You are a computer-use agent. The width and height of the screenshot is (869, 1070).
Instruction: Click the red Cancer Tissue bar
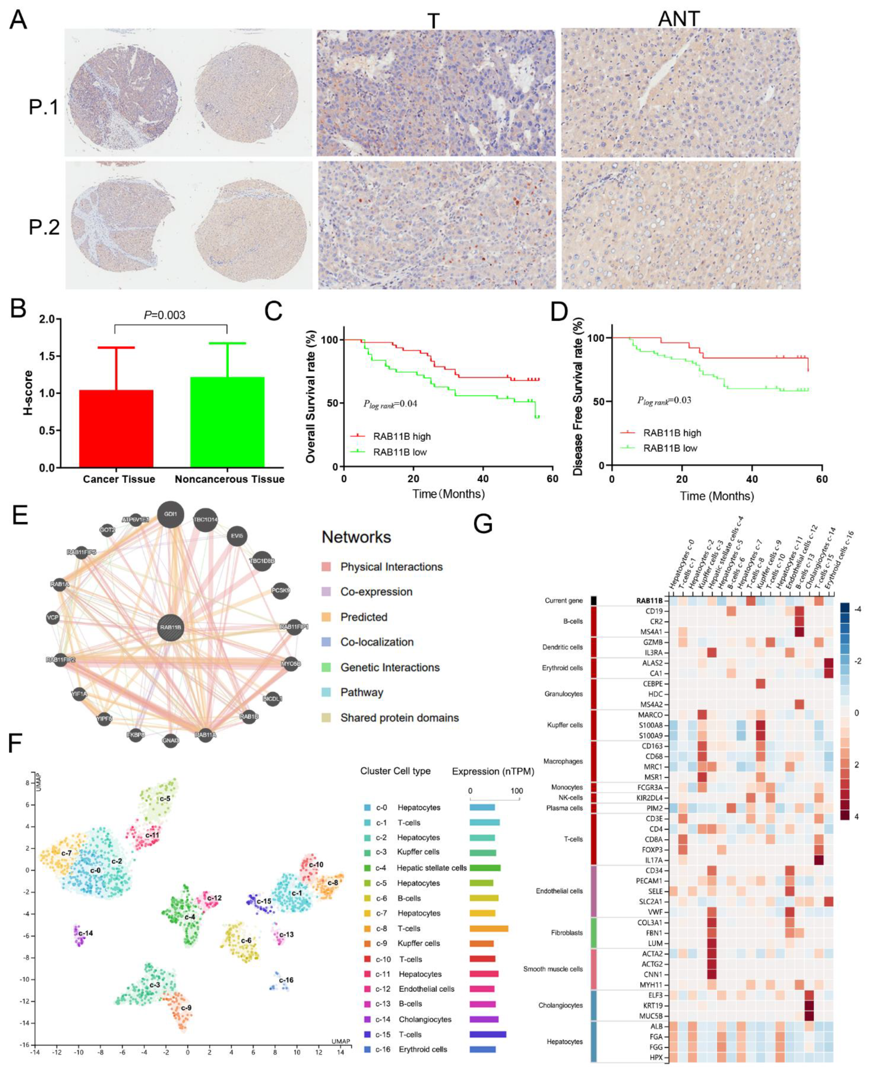tap(116, 428)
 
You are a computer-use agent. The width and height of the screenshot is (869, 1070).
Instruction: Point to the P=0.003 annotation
tap(165, 315)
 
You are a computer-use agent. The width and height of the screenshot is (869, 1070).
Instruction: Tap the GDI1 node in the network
tap(171, 514)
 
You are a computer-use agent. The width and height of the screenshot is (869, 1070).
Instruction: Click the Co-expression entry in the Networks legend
tap(376, 592)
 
